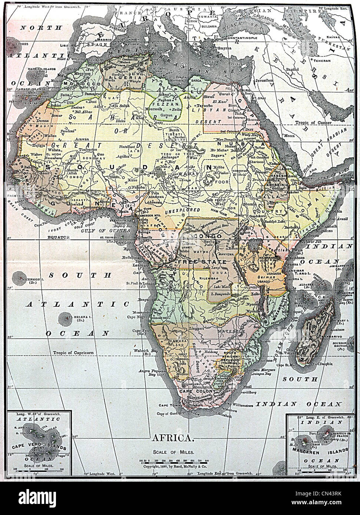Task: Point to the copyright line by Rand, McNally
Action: pyautogui.click(x=173, y=468)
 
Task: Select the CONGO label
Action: pyautogui.click(x=211, y=236)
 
